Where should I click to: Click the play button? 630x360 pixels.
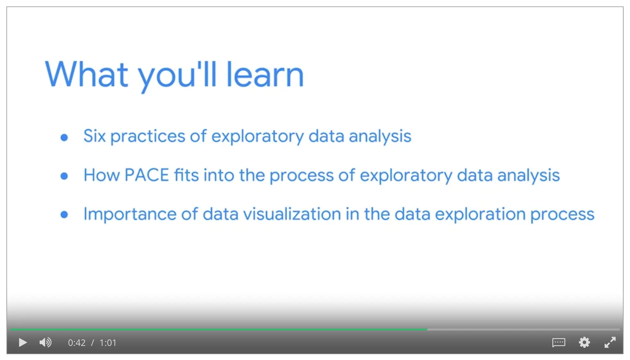coord(23,343)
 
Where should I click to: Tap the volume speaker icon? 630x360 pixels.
coord(45,343)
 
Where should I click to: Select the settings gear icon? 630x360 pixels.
coord(584,342)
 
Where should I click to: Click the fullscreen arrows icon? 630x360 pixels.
coord(610,342)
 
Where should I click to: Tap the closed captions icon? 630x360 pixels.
coord(559,343)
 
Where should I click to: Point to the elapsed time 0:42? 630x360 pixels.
coord(77,343)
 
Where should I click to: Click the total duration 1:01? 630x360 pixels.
coord(108,343)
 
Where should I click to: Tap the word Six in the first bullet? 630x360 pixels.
coord(95,136)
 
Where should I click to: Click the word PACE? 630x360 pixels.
coord(147,175)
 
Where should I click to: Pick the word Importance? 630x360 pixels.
coord(130,214)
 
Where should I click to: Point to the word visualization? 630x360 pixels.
coord(292,214)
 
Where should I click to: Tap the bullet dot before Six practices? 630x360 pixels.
coord(64,137)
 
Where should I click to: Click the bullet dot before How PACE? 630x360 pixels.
coord(64,176)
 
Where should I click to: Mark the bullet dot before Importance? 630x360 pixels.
coord(64,215)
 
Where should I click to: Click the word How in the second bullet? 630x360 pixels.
coord(102,175)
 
